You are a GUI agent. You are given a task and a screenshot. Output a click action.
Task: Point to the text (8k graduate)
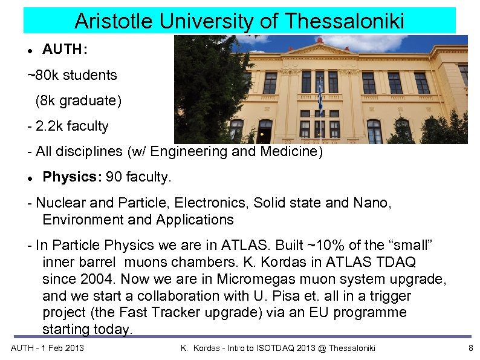[78, 101]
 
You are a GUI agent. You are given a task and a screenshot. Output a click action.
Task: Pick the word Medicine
[291, 152]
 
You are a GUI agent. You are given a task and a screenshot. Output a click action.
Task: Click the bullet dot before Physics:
[29, 178]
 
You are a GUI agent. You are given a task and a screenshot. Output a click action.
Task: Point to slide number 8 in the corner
[471, 348]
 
